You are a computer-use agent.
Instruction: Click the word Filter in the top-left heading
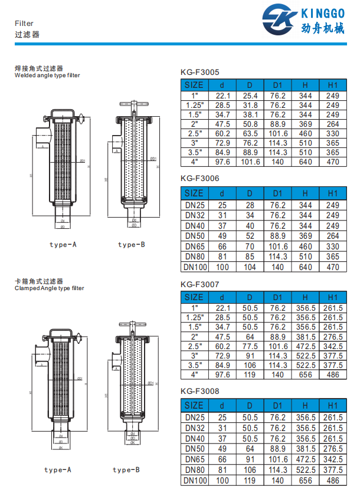pyautogui.click(x=24, y=24)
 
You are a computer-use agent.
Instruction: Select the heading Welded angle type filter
pyautogui.click(x=47, y=75)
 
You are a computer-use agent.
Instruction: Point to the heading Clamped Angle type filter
pyautogui.click(x=49, y=288)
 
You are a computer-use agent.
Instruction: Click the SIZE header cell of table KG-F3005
pyautogui.click(x=194, y=85)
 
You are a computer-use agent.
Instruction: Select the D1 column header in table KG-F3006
pyautogui.click(x=277, y=193)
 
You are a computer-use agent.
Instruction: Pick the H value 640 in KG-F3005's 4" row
pyautogui.click(x=305, y=162)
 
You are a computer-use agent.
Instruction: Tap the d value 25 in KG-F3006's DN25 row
pyautogui.click(x=222, y=205)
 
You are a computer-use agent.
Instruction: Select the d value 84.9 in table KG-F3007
pyautogui.click(x=222, y=365)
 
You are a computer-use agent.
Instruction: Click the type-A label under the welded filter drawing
pyautogui.click(x=63, y=244)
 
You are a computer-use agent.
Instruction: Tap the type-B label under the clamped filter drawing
pyautogui.click(x=126, y=470)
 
